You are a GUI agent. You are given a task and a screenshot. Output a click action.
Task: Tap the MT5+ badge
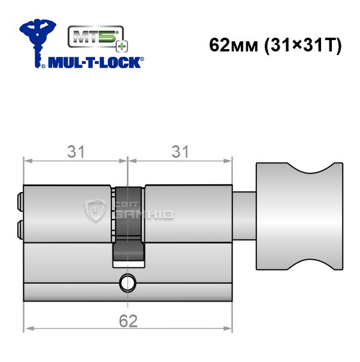pos(98,38)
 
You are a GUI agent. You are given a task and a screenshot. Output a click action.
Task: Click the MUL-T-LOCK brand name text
pos(95,63)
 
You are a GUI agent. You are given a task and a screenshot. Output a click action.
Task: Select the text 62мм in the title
pos(234,45)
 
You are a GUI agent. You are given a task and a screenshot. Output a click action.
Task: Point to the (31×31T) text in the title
pos(303,45)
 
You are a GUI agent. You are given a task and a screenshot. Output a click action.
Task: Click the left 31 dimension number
pos(76,151)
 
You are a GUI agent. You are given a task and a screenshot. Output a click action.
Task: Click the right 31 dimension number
pos(180,151)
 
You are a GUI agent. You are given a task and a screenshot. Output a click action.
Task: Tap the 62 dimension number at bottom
pos(128,321)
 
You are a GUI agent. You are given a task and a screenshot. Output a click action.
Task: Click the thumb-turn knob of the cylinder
pos(300,216)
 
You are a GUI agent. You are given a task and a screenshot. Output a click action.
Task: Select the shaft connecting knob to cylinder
pos(244,216)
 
